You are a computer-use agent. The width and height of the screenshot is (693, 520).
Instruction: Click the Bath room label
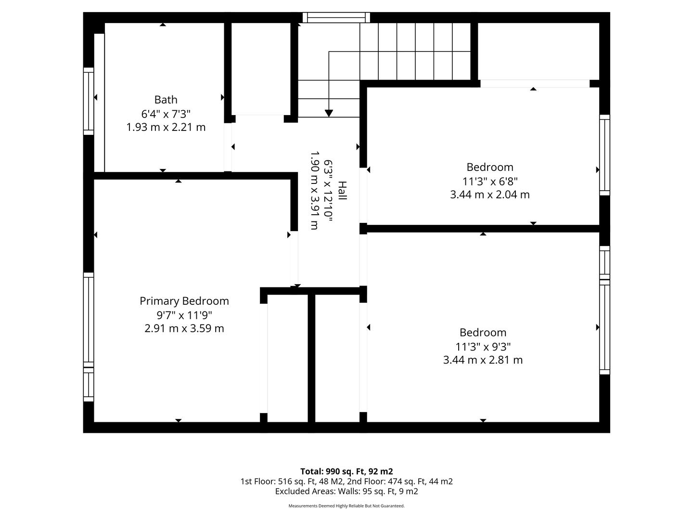[x=166, y=100]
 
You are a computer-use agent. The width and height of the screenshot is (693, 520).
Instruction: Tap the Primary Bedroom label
[x=184, y=301]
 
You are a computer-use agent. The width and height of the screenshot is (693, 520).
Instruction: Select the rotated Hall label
[x=342, y=191]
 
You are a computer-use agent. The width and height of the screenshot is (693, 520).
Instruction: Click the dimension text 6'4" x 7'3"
[x=166, y=114]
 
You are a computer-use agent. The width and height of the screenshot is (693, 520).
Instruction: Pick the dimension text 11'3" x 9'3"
[x=483, y=347]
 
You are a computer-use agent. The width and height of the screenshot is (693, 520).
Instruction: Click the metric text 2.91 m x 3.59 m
[x=184, y=329]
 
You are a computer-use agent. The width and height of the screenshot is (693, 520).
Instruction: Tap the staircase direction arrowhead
[x=329, y=113]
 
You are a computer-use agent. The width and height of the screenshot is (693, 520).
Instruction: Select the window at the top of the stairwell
[x=336, y=17]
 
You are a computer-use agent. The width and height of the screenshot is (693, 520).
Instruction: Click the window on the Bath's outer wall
[x=89, y=101]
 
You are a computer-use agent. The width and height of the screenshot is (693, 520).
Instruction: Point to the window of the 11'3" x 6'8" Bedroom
[x=604, y=155]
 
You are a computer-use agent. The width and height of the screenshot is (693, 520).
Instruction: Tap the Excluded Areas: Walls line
[x=346, y=491]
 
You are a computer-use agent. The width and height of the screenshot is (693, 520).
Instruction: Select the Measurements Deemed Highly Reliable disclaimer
[x=346, y=506]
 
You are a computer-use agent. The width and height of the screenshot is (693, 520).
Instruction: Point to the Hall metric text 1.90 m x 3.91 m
[x=314, y=190]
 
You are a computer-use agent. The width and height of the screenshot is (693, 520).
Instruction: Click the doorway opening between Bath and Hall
[x=228, y=147]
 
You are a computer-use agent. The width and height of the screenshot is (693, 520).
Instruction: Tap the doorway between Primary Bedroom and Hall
[x=294, y=259]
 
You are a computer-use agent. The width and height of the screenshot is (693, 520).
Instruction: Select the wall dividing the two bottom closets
[x=311, y=358]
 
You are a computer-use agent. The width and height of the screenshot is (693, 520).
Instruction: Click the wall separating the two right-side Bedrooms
[x=483, y=229]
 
